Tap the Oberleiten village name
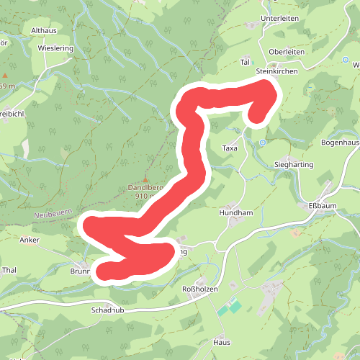[287, 53]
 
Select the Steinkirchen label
[276, 72]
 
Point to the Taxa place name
[230, 148]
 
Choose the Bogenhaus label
[341, 143]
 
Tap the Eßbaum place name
[323, 207]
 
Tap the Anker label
[30, 240]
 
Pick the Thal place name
[9, 270]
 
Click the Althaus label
[44, 32]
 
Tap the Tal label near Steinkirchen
[244, 63]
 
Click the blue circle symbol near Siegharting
[263, 143]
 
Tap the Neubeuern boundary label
[53, 215]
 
